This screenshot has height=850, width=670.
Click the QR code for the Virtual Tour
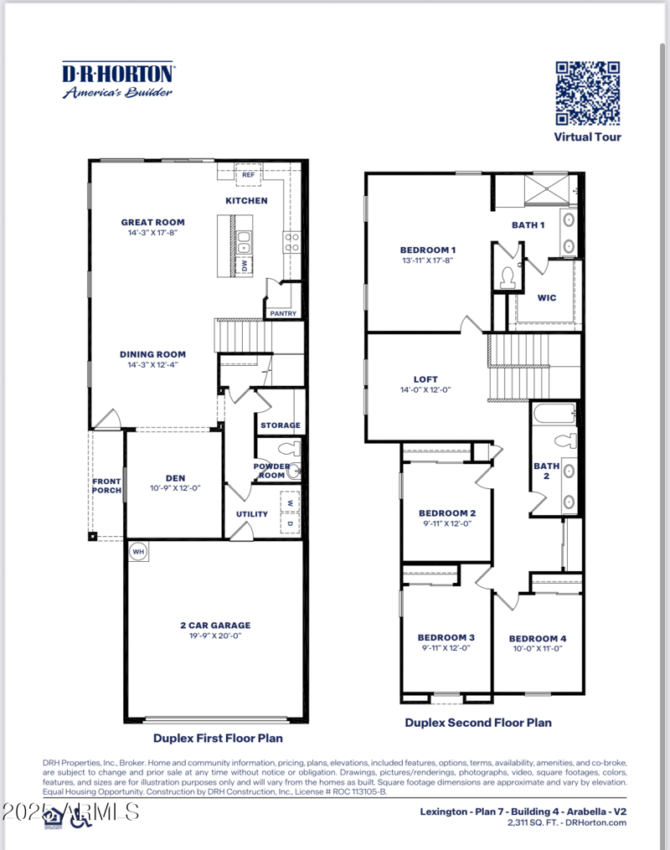(x=587, y=93)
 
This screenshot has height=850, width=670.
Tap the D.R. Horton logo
(x=118, y=80)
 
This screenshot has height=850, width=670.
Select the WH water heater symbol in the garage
(x=137, y=552)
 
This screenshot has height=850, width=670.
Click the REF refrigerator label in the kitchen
(x=249, y=175)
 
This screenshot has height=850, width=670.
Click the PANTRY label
(x=282, y=314)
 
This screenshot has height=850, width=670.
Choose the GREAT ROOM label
(x=152, y=223)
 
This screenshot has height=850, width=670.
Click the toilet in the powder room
(x=282, y=448)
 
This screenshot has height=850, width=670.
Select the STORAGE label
(x=280, y=425)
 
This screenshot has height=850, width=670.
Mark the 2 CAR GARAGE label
(x=215, y=625)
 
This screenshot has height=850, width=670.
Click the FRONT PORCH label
(x=107, y=486)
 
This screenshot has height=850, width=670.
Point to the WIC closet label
(x=546, y=297)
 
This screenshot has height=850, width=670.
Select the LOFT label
(x=425, y=379)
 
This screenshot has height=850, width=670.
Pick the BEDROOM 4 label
(x=537, y=638)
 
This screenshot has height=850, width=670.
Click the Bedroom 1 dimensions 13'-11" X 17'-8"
(x=428, y=260)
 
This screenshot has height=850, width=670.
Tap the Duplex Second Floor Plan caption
(x=477, y=722)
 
